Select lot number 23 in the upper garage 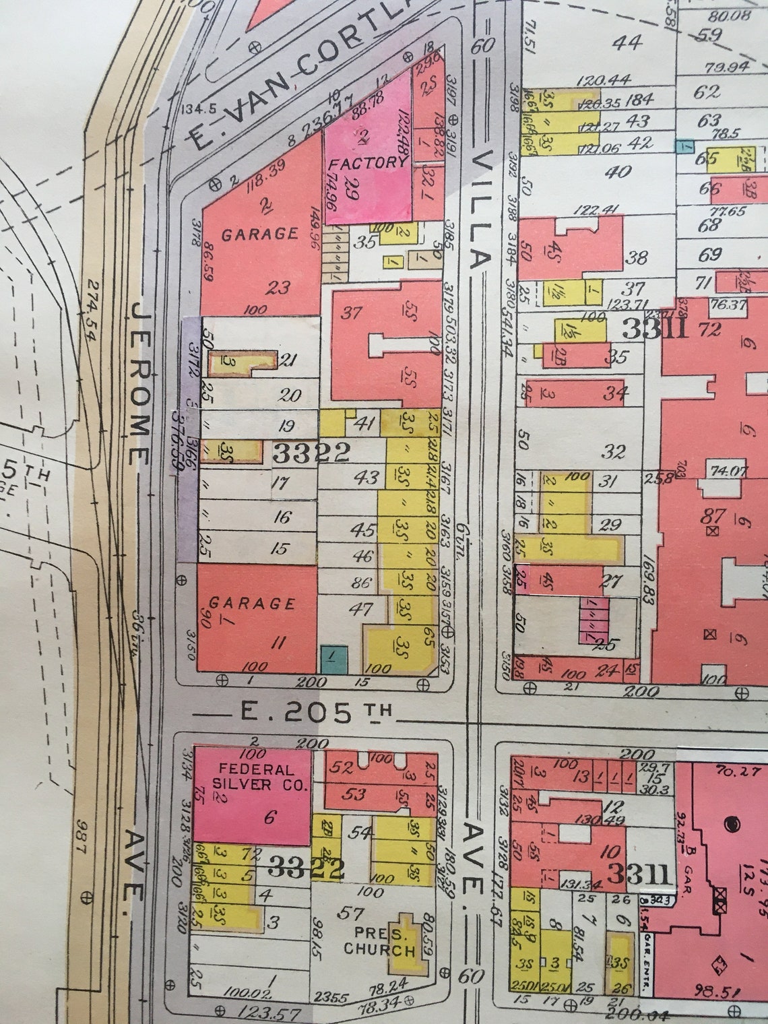click(278, 288)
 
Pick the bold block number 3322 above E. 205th click(311, 453)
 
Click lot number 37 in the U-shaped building click(351, 313)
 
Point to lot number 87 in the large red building click(713, 517)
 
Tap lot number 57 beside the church click(350, 914)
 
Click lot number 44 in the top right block click(629, 42)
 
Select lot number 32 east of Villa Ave click(613, 451)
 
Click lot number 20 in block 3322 click(290, 395)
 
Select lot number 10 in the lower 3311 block click(612, 851)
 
